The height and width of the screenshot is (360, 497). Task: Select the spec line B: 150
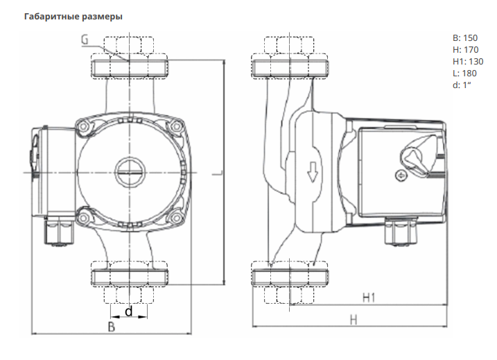pyautogui.click(x=465, y=38)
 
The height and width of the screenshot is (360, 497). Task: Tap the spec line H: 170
pyautogui.click(x=465, y=49)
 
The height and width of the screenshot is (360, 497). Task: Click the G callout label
pyautogui.click(x=84, y=40)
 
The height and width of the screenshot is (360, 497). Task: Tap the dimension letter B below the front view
pyautogui.click(x=111, y=327)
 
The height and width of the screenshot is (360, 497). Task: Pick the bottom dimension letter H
pyautogui.click(x=353, y=320)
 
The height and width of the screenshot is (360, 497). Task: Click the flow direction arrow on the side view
pyautogui.click(x=313, y=171)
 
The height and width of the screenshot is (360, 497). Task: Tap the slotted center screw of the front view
pyautogui.click(x=128, y=170)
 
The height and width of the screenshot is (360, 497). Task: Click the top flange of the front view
pyautogui.click(x=128, y=67)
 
